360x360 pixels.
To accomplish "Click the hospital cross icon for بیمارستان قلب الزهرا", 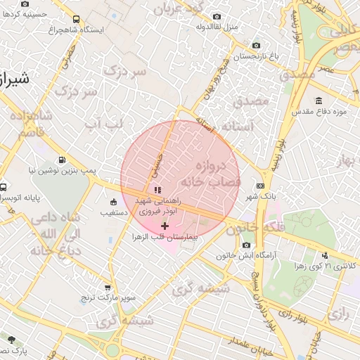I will (x=165, y=226).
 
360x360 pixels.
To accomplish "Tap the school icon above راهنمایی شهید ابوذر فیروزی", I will (x=157, y=189).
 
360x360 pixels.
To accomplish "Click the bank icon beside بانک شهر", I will (x=261, y=186).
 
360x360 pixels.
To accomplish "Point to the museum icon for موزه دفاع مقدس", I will (x=319, y=101).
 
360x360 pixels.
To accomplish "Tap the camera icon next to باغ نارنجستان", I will (x=255, y=44).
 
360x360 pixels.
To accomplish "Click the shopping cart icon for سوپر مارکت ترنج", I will (x=107, y=287).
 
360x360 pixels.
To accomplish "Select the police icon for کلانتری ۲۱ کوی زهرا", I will (x=324, y=255).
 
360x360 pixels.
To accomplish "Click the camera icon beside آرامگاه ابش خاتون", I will (x=246, y=244).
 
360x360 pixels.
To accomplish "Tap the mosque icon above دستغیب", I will (x=113, y=202).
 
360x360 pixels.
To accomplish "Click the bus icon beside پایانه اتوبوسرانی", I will (x=4, y=188).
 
